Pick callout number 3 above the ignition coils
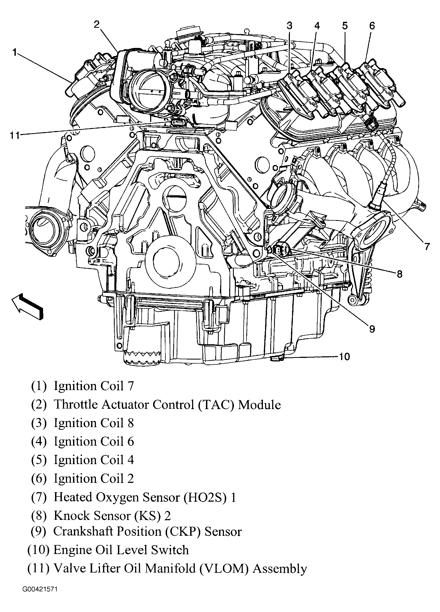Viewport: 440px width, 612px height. [x=289, y=26]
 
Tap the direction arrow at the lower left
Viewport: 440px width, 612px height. [x=27, y=307]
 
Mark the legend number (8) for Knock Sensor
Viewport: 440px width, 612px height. [x=38, y=516]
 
